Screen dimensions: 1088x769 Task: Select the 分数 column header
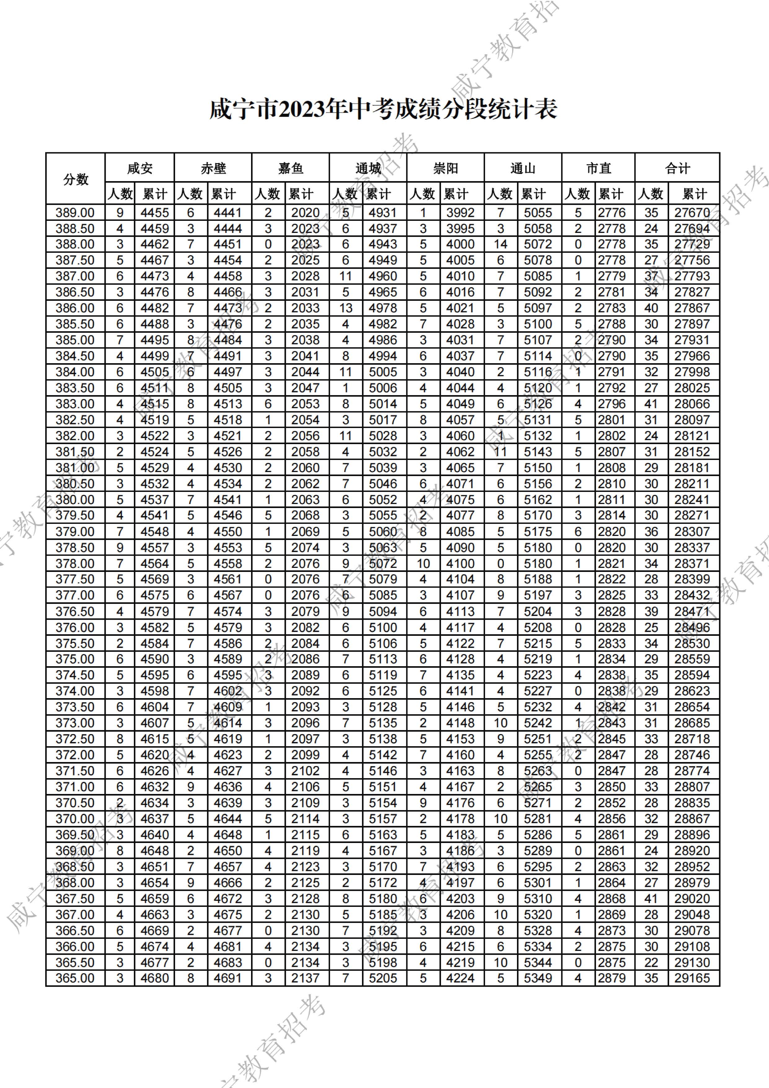coord(75,179)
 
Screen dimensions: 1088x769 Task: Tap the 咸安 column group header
coord(140,168)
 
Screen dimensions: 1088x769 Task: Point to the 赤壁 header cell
coord(213,168)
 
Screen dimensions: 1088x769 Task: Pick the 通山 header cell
coord(523,168)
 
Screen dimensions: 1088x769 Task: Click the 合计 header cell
coord(677,168)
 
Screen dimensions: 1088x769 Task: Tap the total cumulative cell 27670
coord(692,213)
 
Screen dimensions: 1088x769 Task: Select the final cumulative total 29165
coord(692,978)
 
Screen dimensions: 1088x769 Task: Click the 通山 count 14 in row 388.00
coord(501,244)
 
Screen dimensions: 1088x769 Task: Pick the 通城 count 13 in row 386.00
coord(346,308)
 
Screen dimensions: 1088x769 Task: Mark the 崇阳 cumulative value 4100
coord(460,564)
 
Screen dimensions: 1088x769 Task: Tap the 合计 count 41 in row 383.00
coord(651,404)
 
